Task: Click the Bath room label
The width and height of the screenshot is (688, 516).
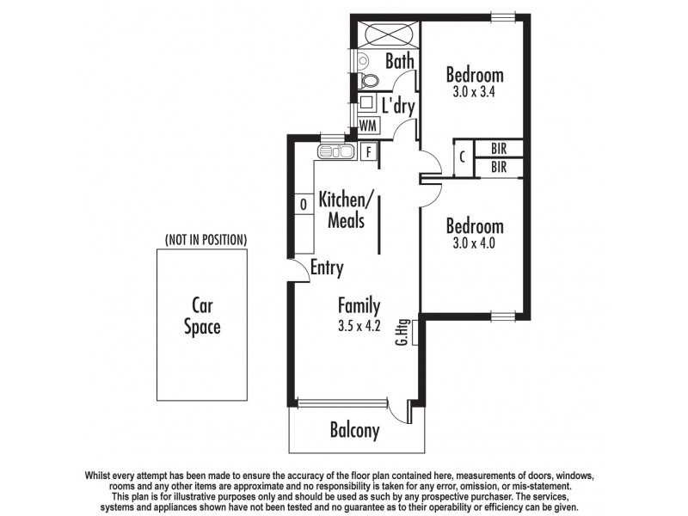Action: (400, 61)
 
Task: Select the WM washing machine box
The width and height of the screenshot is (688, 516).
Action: (368, 126)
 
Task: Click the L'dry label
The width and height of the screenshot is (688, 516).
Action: (398, 107)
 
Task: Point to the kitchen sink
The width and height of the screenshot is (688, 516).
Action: (336, 152)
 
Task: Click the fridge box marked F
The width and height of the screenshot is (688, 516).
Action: (369, 152)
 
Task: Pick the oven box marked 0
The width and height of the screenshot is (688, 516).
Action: (304, 205)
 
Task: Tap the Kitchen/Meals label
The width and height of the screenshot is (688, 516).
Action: (347, 210)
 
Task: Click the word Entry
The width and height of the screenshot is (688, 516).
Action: (327, 268)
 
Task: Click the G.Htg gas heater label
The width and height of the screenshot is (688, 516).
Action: (402, 333)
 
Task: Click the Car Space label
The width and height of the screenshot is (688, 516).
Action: (202, 316)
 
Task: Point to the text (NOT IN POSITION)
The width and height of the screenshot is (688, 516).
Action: (206, 238)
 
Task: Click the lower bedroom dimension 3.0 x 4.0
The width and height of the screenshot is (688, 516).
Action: (475, 243)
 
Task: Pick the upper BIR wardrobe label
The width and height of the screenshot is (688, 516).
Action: (499, 148)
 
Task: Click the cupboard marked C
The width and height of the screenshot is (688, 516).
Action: (462, 157)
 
